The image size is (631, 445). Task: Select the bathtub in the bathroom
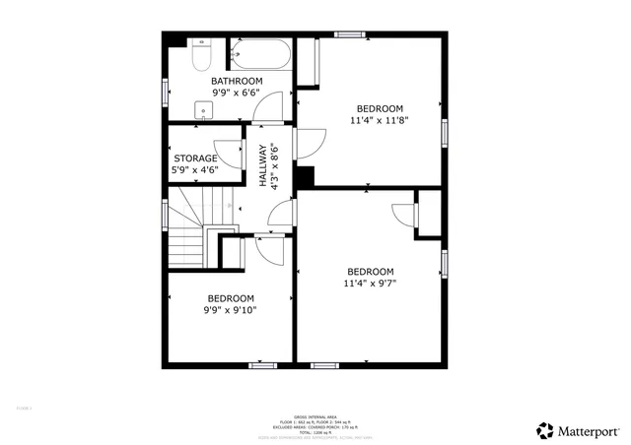(x=260, y=54)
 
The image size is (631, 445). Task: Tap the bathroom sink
(x=205, y=109)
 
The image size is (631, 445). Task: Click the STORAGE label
(x=195, y=158)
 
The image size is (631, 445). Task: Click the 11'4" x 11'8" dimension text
(x=379, y=120)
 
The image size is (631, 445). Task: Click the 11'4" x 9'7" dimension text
(x=370, y=284)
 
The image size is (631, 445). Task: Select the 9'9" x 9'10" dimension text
(x=230, y=310)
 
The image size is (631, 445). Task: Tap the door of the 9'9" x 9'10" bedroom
(x=264, y=246)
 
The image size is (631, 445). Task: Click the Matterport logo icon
(x=544, y=430)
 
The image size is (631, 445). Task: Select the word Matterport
(x=590, y=431)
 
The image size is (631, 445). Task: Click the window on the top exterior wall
(x=349, y=35)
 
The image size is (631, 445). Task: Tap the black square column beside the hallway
(x=305, y=176)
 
